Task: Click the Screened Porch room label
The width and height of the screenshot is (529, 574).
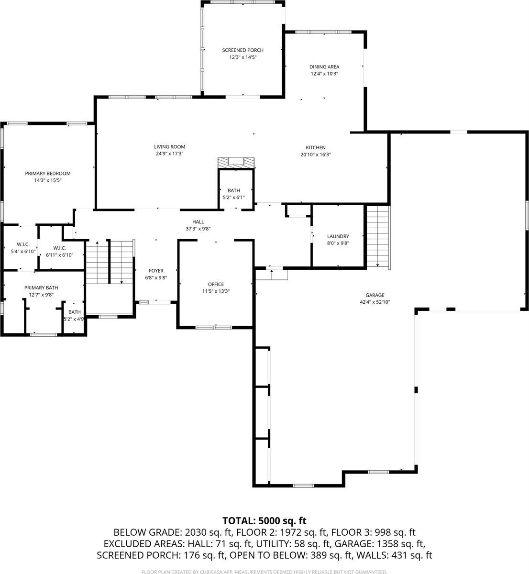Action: click(x=242, y=50)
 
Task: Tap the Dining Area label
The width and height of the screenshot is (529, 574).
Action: click(x=324, y=67)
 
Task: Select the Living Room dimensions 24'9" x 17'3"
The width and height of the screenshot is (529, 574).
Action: click(x=169, y=154)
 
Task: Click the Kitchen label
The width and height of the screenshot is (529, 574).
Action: click(x=316, y=148)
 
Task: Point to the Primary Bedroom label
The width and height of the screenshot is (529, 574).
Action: click(x=48, y=173)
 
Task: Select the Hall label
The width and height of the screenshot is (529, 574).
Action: click(x=198, y=222)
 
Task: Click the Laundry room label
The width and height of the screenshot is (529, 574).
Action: click(x=338, y=236)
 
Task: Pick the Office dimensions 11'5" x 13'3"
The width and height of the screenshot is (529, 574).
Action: click(x=216, y=291)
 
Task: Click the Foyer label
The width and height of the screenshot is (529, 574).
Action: click(x=156, y=271)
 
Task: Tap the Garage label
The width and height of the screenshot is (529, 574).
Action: click(x=375, y=295)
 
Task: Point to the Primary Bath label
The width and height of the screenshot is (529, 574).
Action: click(x=41, y=287)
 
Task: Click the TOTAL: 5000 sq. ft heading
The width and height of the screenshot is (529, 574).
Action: click(x=264, y=520)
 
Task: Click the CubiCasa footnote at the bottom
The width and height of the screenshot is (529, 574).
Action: click(x=264, y=572)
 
